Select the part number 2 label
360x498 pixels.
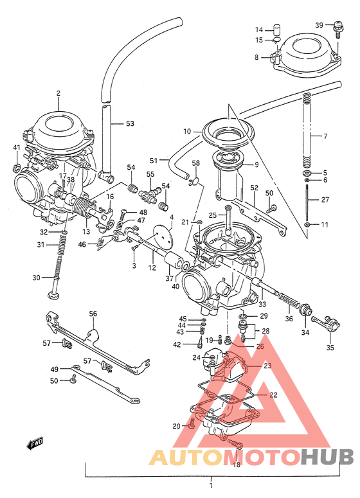click(x=58, y=94)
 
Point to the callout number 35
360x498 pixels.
click(x=330, y=348)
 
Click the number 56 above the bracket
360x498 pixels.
click(x=93, y=314)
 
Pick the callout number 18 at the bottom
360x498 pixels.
click(x=236, y=464)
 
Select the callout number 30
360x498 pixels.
click(x=37, y=278)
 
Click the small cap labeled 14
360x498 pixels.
click(x=278, y=30)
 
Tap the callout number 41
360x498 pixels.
click(x=17, y=148)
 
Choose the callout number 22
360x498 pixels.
click(x=273, y=395)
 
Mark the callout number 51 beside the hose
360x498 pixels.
click(x=154, y=161)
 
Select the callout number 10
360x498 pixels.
click(x=187, y=131)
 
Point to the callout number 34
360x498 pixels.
click(x=305, y=332)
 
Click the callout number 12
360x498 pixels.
click(x=152, y=267)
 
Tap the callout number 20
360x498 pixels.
click(x=176, y=426)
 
